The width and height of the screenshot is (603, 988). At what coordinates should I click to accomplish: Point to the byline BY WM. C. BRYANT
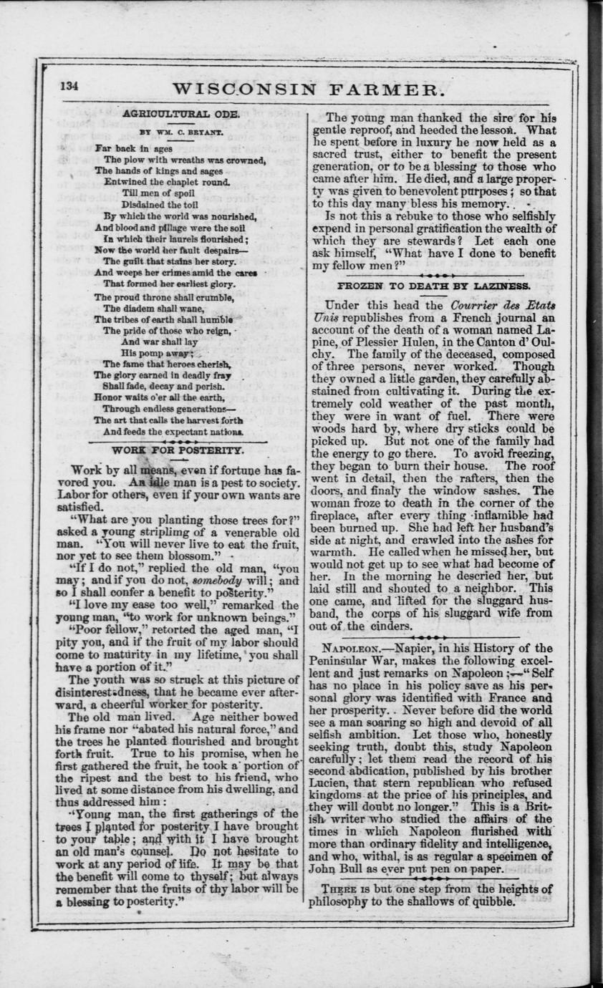170,133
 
